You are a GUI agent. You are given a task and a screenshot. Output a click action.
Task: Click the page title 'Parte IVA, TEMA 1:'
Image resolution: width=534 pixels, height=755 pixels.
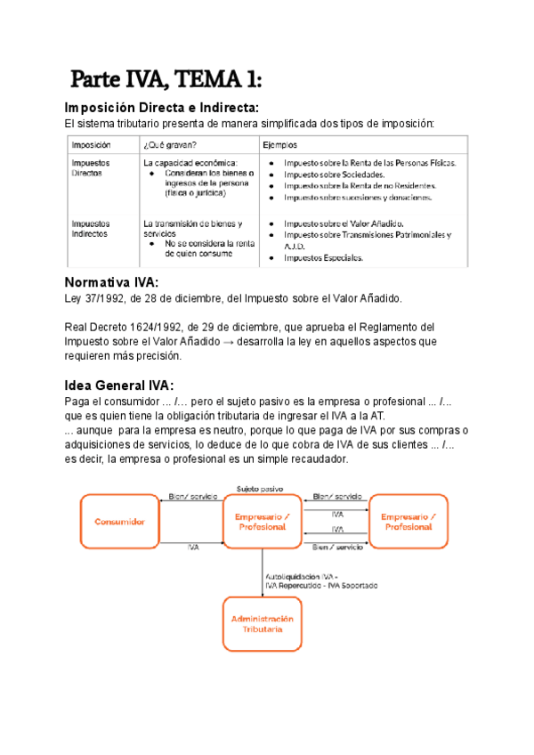pos(166,80)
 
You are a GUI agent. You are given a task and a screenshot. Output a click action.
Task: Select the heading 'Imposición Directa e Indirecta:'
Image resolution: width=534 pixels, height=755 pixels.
pos(163,108)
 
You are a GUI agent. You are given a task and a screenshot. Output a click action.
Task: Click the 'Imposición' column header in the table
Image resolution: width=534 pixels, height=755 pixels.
pos(92,143)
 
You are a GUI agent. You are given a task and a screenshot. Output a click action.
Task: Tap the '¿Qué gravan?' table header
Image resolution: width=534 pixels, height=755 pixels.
pos(169,143)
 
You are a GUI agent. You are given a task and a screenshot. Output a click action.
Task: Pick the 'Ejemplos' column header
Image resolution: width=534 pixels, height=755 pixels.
pos(280,143)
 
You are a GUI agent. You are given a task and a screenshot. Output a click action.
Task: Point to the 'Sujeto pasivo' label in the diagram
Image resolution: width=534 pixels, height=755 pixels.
pos(260,489)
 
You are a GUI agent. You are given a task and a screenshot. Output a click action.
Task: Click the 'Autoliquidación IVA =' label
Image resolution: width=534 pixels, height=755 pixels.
pos(302,576)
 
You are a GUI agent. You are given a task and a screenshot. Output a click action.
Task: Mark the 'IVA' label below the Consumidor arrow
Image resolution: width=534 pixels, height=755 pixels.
pos(193,548)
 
